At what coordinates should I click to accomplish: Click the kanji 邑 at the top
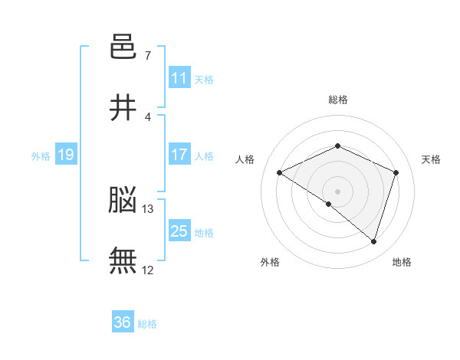click(123, 46)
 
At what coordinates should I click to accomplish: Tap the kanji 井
click(123, 107)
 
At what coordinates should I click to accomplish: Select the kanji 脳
click(123, 199)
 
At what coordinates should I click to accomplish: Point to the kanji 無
click(123, 260)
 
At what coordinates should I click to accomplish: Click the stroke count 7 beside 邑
click(148, 55)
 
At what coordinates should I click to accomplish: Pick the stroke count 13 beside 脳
click(147, 209)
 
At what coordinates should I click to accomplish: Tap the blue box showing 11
click(179, 77)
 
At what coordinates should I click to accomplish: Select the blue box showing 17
click(179, 154)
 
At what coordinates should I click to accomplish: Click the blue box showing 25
click(179, 230)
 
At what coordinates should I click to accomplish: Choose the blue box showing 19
click(66, 154)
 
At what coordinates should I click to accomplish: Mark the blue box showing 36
click(123, 321)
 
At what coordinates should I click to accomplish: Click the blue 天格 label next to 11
click(204, 80)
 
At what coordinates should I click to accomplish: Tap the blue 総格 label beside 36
click(147, 324)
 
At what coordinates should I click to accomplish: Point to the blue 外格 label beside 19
click(41, 156)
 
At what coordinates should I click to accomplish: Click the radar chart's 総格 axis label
click(338, 100)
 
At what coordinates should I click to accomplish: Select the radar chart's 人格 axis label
click(245, 159)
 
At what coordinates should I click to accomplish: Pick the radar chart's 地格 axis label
click(402, 262)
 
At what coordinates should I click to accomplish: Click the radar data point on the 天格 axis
click(396, 172)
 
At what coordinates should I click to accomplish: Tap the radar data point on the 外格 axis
click(329, 204)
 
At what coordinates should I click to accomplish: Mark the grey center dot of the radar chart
click(337, 191)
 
